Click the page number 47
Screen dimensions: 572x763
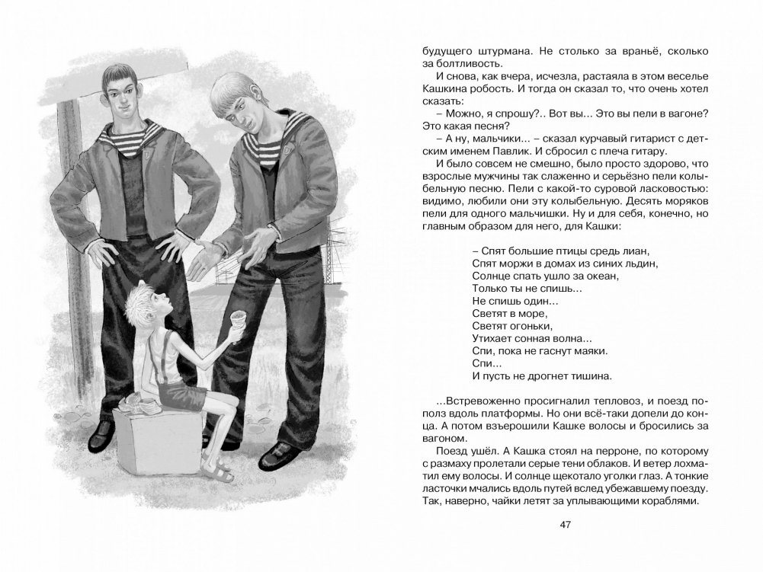[565, 525]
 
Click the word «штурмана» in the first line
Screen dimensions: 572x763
[493, 51]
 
